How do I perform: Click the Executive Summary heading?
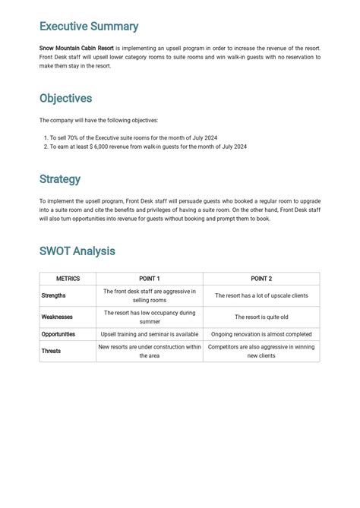(89, 27)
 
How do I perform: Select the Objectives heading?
(65, 99)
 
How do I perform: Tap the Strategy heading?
(60, 180)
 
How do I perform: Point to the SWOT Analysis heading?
(77, 251)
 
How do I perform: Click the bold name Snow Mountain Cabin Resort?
(77, 48)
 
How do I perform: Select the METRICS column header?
(68, 279)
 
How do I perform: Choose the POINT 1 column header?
(149, 279)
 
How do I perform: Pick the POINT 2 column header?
(261, 279)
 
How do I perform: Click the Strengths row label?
(54, 295)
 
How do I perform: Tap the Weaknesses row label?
(58, 317)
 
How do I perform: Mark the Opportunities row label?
(58, 334)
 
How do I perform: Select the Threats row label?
(52, 351)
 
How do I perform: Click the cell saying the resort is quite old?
(261, 317)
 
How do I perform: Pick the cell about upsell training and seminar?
(150, 334)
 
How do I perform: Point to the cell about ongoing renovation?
(261, 334)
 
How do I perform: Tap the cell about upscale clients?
(261, 295)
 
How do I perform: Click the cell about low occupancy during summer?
(150, 317)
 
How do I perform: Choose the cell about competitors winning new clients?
(261, 351)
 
